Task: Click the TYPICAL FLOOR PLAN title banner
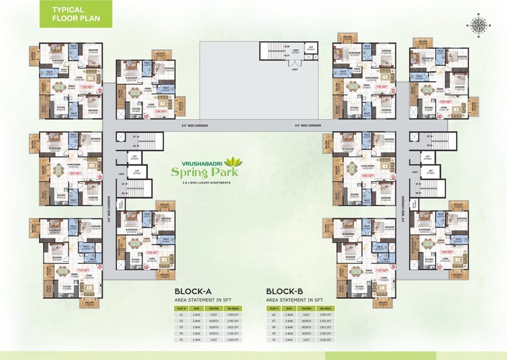point(75,13)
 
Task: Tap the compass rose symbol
point(479,25)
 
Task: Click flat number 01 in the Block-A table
point(181,314)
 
